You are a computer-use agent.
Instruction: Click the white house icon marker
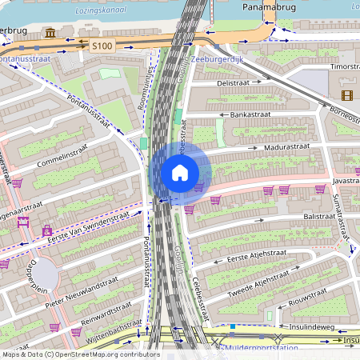tap(180, 172)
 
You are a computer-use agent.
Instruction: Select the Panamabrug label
tap(269, 6)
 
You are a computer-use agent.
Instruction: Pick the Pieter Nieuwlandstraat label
tap(83, 286)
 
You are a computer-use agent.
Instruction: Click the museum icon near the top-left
tap(51, 34)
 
